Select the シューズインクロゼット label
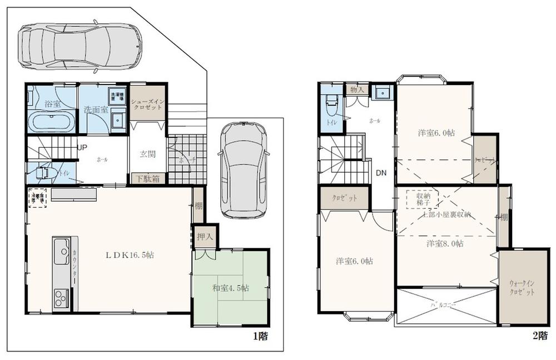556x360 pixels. (147, 104)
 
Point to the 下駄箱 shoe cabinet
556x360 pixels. (147, 179)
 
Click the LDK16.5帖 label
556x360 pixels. (130, 255)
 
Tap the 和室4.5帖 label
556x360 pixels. (230, 288)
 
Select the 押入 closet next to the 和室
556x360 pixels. (205, 236)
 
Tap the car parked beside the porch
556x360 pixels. (242, 169)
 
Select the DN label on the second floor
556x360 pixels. (381, 172)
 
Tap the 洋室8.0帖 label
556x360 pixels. (445, 243)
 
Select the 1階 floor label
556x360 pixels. (261, 336)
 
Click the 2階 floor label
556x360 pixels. (538, 336)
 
